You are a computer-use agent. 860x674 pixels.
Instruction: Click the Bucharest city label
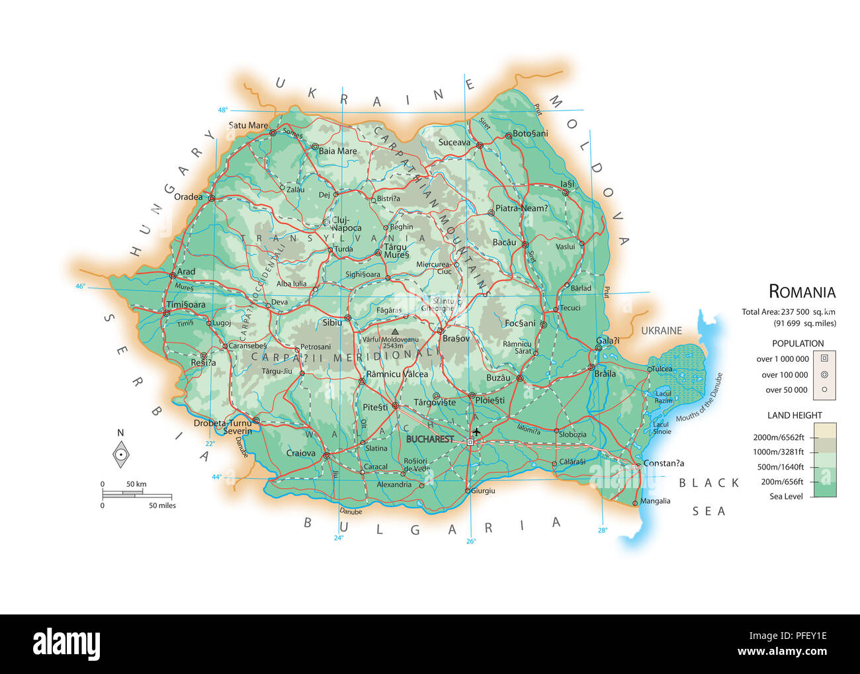[x=430, y=439]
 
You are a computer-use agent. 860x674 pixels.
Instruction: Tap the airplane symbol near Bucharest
[x=476, y=432]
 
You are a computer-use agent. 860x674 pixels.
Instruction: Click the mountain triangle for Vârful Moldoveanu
[x=395, y=332]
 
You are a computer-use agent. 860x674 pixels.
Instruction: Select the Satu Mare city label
[x=248, y=126]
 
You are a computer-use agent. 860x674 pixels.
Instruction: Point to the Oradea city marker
[x=212, y=198]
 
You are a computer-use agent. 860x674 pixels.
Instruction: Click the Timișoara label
[x=186, y=305]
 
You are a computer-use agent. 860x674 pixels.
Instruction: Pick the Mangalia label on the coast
[x=655, y=501]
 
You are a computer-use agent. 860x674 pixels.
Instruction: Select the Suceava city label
[x=454, y=142]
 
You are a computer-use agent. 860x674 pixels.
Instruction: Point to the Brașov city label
[x=456, y=339]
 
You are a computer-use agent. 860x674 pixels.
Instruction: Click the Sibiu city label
[x=332, y=323]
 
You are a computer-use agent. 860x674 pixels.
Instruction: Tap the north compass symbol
[x=120, y=454]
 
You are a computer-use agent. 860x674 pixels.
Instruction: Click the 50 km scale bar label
[x=137, y=484]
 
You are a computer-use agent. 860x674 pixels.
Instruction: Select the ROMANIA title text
[x=802, y=292]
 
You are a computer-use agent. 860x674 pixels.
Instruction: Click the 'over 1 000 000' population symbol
[x=824, y=358]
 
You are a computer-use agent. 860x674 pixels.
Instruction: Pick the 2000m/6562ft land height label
[x=779, y=437]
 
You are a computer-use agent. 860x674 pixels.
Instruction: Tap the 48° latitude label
[x=222, y=110]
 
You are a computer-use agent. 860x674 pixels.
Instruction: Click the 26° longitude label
[x=471, y=541]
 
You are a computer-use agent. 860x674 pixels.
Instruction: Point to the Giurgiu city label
[x=483, y=491]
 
